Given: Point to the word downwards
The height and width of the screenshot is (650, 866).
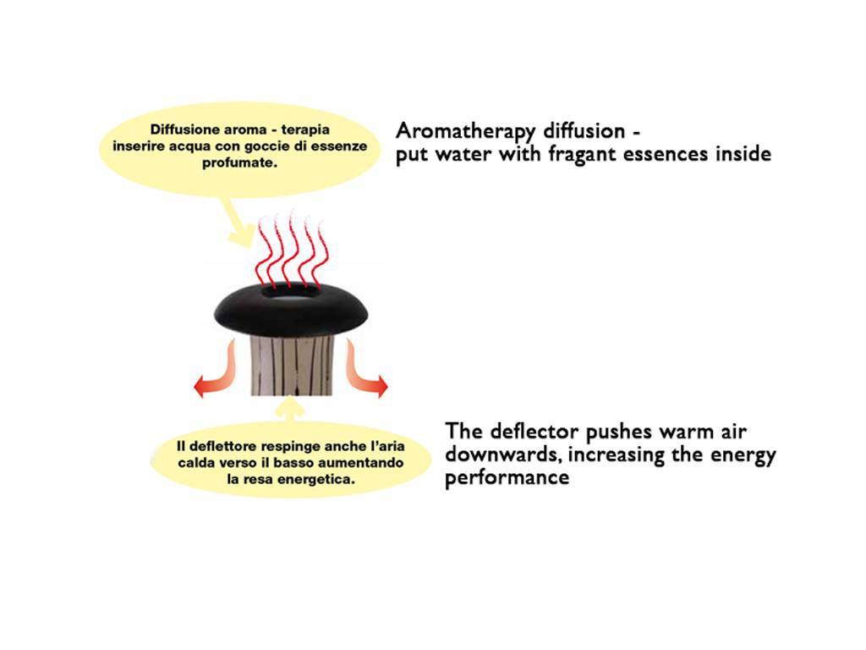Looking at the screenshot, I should coord(503,454).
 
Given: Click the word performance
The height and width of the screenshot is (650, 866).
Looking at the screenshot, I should coord(507,478).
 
